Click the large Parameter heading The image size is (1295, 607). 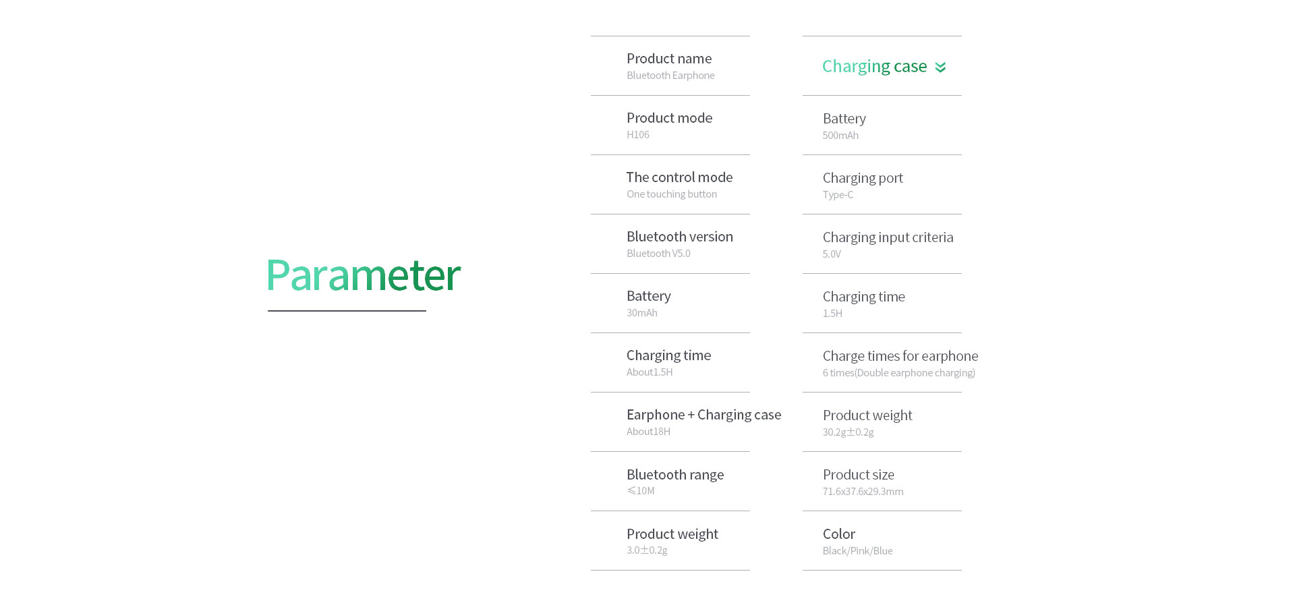(x=363, y=275)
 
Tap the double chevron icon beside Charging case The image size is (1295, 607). (x=940, y=67)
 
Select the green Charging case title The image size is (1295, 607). (x=874, y=67)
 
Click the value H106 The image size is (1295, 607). (x=638, y=135)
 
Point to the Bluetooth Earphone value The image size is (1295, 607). (x=670, y=76)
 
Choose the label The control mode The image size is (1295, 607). (x=679, y=177)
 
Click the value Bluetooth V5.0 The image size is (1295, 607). (x=658, y=254)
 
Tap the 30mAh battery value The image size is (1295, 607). (x=642, y=313)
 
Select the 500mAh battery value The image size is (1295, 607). (x=840, y=136)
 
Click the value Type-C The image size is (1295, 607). (x=838, y=195)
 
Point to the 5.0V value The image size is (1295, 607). (x=832, y=254)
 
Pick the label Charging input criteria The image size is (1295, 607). (x=888, y=238)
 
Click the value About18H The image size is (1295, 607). (x=648, y=432)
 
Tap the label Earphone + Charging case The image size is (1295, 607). (x=703, y=415)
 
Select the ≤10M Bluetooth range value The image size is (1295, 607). (x=641, y=491)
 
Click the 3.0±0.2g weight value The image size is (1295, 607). (x=647, y=550)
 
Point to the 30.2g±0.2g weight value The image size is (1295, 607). (x=848, y=432)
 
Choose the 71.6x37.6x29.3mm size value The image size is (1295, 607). (x=863, y=492)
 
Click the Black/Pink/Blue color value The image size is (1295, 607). (x=857, y=551)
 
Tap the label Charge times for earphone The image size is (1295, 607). (x=900, y=357)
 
